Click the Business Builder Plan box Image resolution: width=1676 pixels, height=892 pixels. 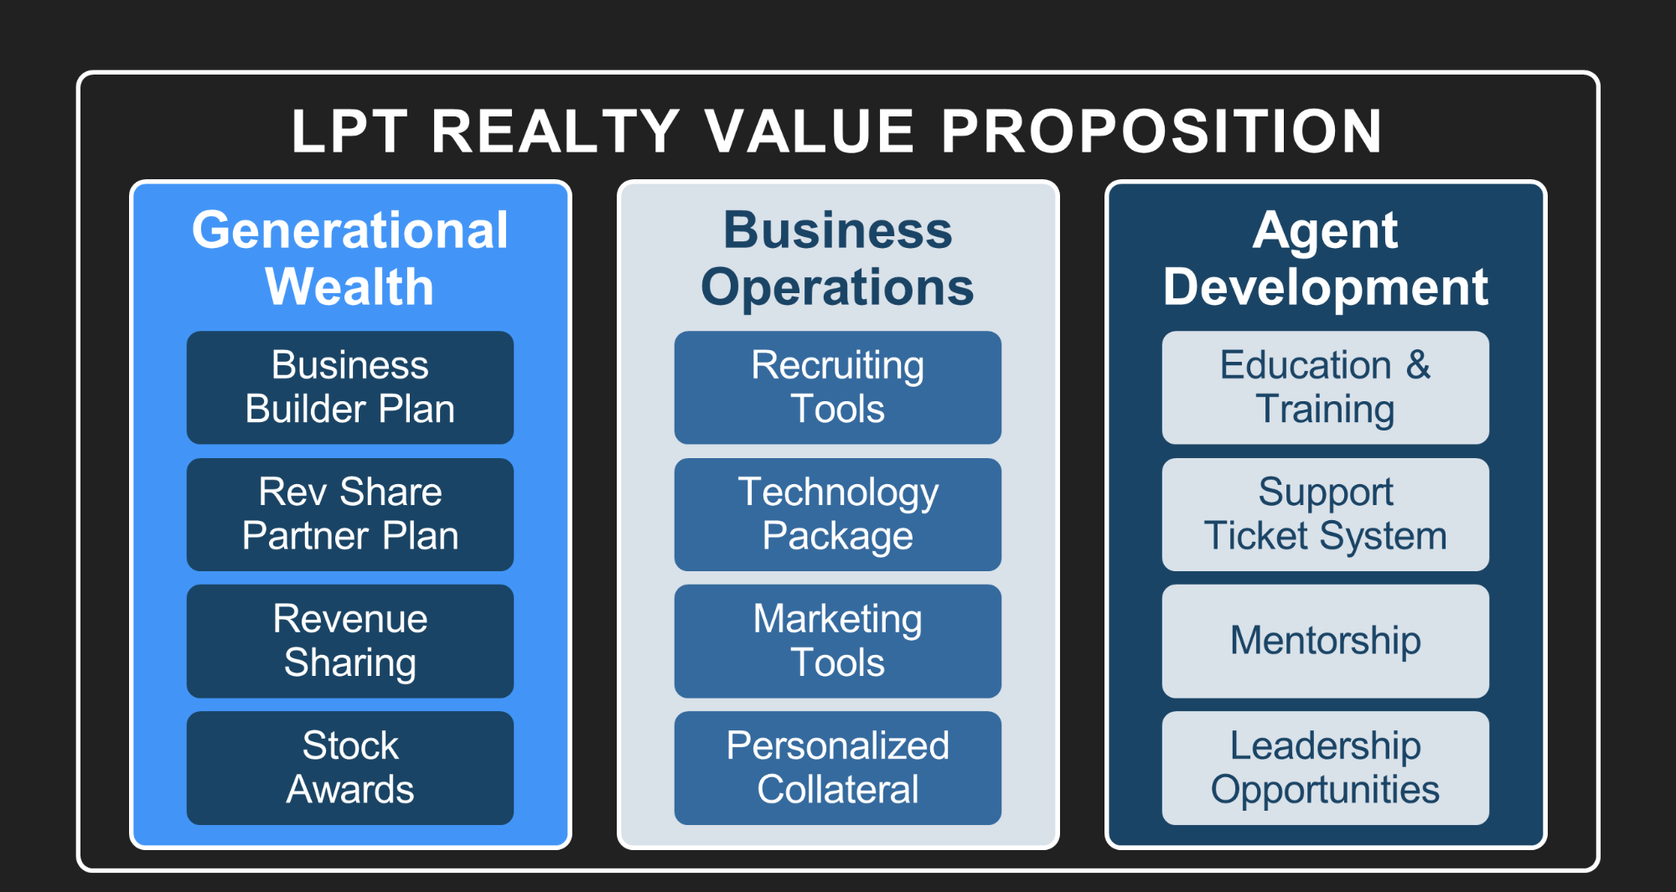coord(350,388)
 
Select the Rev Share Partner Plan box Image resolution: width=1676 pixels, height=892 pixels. coord(350,514)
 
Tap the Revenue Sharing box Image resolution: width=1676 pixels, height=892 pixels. coord(350,642)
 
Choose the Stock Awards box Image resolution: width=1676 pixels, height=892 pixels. coord(350,768)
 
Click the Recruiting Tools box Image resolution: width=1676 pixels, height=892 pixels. coord(838,388)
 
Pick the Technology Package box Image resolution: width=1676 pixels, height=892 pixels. coord(838,514)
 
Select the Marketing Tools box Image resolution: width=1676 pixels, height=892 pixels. coord(838,642)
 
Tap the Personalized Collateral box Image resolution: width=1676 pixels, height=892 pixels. coord(838,768)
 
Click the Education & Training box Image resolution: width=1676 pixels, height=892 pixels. coord(1326,388)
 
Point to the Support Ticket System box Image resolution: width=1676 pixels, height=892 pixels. coord(1326,514)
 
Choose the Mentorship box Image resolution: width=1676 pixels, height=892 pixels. coord(1326,642)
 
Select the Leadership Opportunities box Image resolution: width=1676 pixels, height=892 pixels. coord(1326,768)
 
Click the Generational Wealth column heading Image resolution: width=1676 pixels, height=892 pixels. coord(350,258)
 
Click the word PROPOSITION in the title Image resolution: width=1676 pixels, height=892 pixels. coord(1161,131)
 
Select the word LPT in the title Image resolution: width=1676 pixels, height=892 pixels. coord(349,131)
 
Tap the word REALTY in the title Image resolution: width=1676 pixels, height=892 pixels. coord(555,131)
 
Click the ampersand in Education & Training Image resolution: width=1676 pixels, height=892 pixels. coord(1418,365)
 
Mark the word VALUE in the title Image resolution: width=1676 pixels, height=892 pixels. coord(809,131)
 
